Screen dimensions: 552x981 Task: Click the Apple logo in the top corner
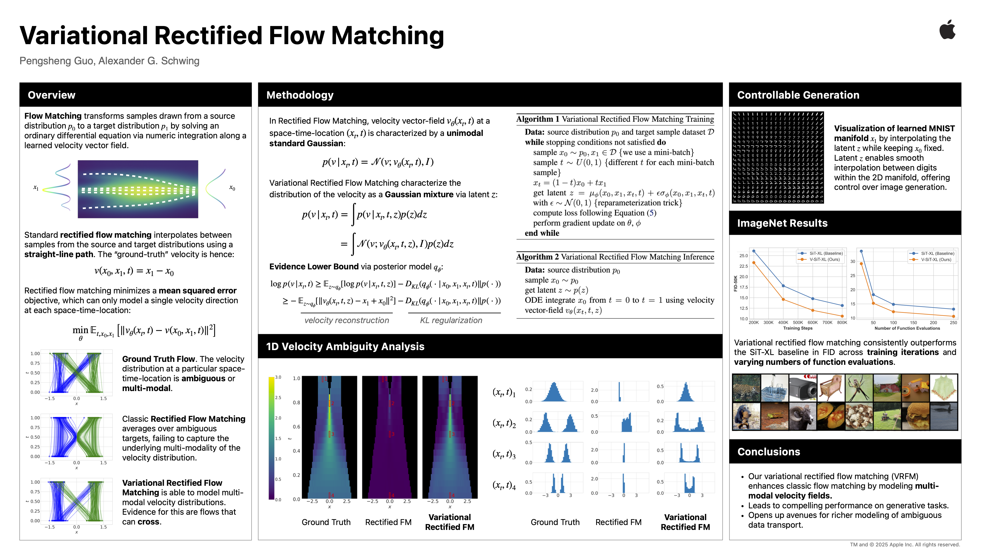click(947, 30)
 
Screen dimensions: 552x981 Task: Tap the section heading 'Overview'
click(52, 95)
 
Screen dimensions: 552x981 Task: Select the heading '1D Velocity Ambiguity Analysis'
click(345, 346)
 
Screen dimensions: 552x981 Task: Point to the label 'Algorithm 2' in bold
click(537, 257)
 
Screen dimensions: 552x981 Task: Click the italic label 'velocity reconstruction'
click(347, 320)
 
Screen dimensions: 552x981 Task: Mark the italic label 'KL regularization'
click(451, 320)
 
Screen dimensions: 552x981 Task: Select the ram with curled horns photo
click(803, 416)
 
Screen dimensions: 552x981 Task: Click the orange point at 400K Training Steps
click(783, 299)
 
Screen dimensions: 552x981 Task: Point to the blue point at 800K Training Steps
click(842, 305)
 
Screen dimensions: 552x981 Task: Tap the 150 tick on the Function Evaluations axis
click(913, 323)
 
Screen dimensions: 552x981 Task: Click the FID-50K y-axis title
click(735, 283)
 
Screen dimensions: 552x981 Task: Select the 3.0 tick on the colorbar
click(278, 377)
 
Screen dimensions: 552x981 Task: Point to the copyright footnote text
click(905, 545)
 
